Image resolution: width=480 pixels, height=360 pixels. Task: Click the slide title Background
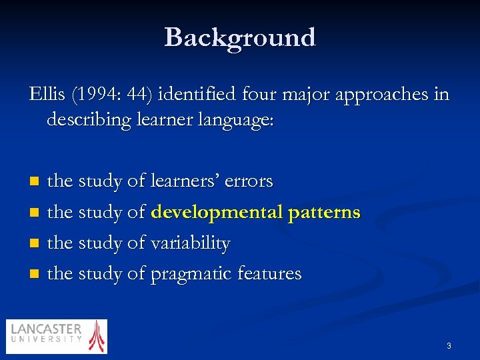240,37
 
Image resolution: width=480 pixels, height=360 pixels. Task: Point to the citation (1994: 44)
112,95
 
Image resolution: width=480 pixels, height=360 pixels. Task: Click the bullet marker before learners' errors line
35,181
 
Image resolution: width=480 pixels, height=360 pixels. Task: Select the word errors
249,181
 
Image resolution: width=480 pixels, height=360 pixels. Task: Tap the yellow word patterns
324,213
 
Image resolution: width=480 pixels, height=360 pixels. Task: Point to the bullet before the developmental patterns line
35,213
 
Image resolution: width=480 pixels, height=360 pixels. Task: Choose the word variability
191,243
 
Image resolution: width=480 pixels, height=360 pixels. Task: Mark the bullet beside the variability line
35,243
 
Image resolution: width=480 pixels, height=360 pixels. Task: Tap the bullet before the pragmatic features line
35,274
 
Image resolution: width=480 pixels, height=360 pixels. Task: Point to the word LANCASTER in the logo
46,329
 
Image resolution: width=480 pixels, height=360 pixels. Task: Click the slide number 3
449,346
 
